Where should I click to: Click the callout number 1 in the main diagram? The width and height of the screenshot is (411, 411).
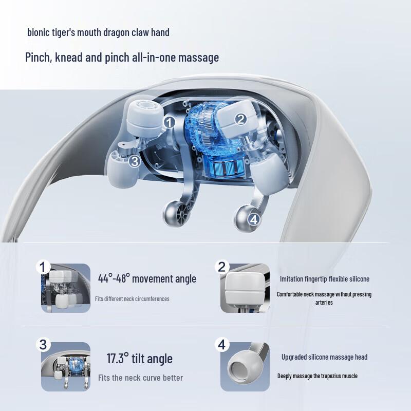pos(170,122)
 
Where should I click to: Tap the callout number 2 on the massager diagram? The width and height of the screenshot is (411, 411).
pos(241,119)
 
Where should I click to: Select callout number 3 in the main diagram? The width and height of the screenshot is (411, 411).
pos(134,161)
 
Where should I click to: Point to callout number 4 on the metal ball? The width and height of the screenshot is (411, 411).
pos(254,219)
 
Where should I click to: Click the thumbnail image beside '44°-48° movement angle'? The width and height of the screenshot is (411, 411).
pos(65,288)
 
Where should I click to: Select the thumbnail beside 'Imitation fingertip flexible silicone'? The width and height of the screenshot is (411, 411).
pos(245,288)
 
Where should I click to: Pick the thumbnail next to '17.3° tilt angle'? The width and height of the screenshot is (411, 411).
pos(65,367)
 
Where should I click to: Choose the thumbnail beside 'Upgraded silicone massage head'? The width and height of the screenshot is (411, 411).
pos(245,367)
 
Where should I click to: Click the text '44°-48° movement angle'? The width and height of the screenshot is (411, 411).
pos(147,279)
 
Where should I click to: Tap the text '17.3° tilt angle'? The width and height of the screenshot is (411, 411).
pos(139,358)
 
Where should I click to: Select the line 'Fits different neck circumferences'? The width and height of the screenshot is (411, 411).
pos(132,298)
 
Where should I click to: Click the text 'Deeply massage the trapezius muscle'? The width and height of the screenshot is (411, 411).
pos(317,376)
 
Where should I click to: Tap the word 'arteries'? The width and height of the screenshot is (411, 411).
pos(324,303)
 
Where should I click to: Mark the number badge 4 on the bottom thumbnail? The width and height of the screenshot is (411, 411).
pos(221,344)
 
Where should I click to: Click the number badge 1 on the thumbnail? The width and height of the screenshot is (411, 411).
pos(43,267)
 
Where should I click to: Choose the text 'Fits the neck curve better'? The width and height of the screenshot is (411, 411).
pos(140,378)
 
